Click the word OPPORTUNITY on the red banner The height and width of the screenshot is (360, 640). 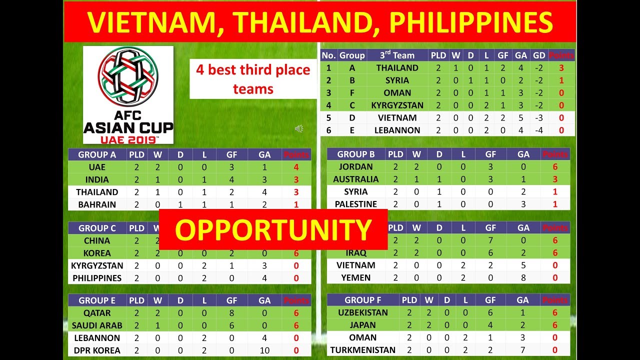point(273,230)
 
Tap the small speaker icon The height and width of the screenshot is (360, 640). point(299,129)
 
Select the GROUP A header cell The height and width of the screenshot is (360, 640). point(97,154)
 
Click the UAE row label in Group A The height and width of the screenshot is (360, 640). point(97,167)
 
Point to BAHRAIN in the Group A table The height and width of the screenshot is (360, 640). point(97,204)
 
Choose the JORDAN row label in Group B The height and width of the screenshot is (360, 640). point(355,167)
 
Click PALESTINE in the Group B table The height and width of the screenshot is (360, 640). point(355,204)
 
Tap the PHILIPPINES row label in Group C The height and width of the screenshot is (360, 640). point(97,278)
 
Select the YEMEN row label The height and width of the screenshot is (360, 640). point(355,278)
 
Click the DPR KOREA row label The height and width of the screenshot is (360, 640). point(97,350)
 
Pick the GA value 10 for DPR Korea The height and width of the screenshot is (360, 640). point(264,350)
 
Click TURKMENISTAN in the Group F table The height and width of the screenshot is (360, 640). point(362,350)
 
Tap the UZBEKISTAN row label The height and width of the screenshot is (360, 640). point(362,312)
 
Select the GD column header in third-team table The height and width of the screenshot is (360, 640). point(539,55)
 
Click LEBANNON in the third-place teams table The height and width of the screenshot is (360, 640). point(397,130)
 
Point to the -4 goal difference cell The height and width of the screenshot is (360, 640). point(539,130)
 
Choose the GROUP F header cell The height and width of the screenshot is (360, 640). point(362,300)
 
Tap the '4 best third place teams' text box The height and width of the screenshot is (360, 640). point(253,79)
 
